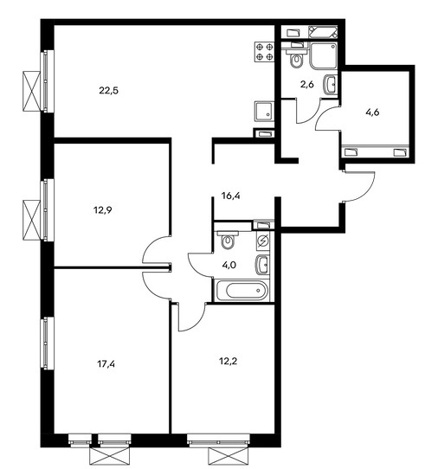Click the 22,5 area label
109,90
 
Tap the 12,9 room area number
103,210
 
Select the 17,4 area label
106,364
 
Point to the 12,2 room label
228,362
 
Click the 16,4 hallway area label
231,196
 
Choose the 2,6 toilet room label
307,85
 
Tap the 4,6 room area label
372,112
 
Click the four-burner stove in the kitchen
264,52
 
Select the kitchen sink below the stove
264,111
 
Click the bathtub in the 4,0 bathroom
242,290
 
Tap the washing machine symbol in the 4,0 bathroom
263,241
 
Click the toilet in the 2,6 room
297,57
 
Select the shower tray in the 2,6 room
324,55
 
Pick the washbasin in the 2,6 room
330,85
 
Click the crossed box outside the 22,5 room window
32,91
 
